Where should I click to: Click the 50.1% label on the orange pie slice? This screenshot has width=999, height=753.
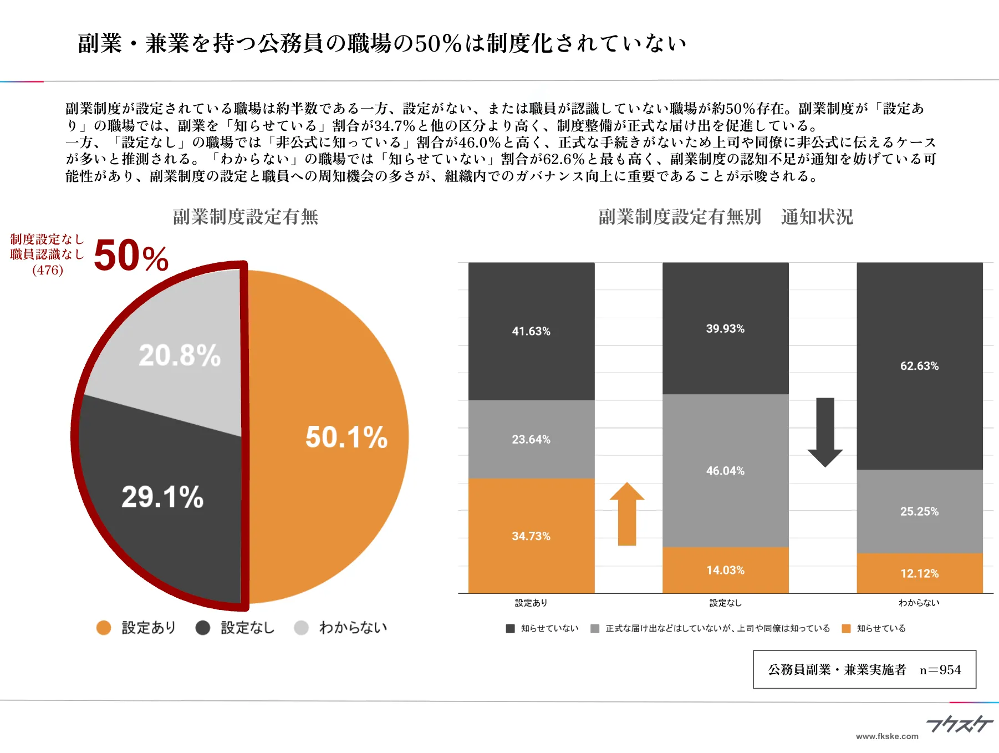(346, 437)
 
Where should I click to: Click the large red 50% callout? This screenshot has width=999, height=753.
(131, 256)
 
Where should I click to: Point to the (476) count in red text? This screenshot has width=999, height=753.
(48, 270)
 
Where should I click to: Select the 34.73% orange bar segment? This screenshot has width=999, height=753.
(531, 536)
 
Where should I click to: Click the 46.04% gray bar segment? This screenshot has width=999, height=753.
(725, 471)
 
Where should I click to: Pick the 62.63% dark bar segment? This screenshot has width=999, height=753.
(919, 366)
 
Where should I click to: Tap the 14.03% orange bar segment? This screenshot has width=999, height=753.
(725, 570)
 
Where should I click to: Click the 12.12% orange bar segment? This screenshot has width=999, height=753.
(919, 573)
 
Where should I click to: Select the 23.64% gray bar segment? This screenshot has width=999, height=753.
(531, 439)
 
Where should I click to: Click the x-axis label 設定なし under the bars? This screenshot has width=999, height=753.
(725, 603)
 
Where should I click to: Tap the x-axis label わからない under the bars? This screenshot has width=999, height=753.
(919, 603)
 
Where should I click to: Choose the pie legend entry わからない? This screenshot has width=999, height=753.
(353, 628)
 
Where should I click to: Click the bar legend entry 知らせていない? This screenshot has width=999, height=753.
(549, 628)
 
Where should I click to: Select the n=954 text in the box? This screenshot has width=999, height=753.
(940, 670)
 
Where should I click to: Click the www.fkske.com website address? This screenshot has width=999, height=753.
(887, 736)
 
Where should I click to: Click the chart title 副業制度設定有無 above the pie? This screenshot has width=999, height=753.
(246, 217)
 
